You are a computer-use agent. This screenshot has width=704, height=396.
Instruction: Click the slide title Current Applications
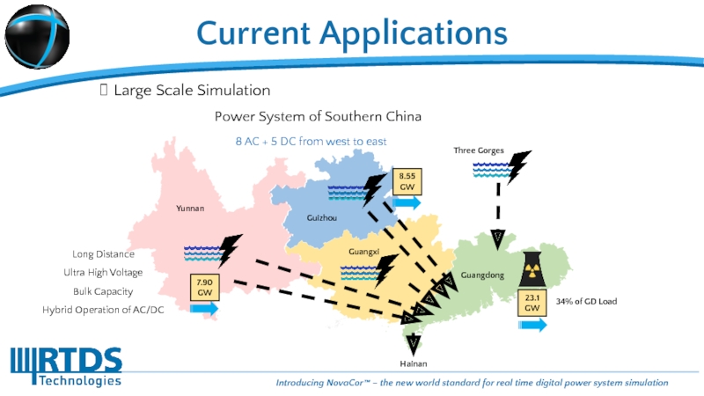tap(352, 33)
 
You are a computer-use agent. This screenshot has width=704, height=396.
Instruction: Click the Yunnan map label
tap(189, 209)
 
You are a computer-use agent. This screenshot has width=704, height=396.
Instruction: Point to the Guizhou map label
tap(321, 217)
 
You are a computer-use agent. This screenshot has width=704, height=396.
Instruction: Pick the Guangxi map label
tap(363, 252)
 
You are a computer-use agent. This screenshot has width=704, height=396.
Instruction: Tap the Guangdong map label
tap(482, 275)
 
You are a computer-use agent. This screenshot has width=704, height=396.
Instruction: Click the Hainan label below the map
tap(414, 363)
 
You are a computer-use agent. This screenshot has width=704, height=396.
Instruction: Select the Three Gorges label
tap(478, 150)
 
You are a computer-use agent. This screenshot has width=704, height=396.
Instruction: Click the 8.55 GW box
tap(407, 182)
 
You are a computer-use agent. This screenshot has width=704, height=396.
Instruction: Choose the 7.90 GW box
tap(204, 287)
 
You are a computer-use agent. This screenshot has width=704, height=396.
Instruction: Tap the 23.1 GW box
tap(532, 304)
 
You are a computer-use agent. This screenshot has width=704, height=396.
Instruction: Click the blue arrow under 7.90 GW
tap(203, 309)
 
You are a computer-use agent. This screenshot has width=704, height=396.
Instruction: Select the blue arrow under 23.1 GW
tap(532, 325)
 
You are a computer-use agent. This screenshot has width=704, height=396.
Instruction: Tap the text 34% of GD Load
tap(586, 302)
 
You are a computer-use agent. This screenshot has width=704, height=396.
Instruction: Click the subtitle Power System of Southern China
tap(319, 116)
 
